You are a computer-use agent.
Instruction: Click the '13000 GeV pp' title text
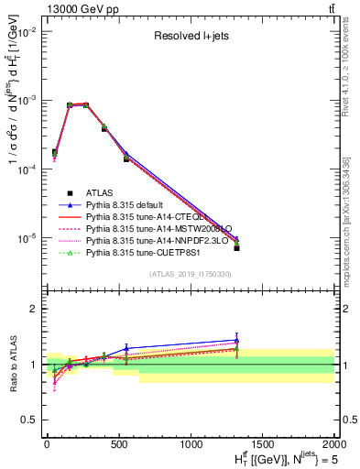[x=81, y=8]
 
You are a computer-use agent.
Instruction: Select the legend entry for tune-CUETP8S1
[x=145, y=261]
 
